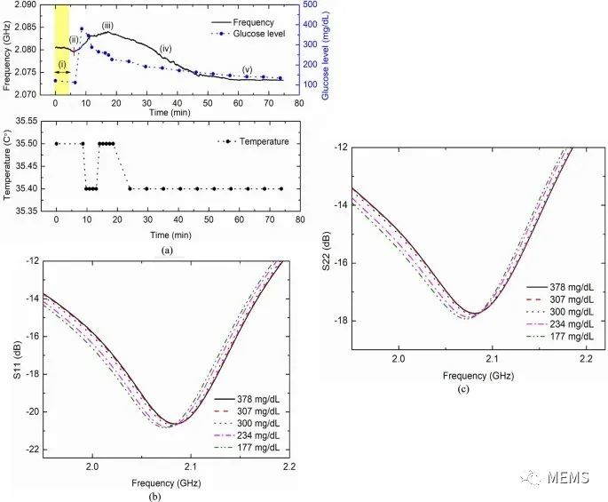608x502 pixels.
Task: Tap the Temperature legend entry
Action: tap(263, 141)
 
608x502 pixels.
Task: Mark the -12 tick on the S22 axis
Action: tap(338, 147)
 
